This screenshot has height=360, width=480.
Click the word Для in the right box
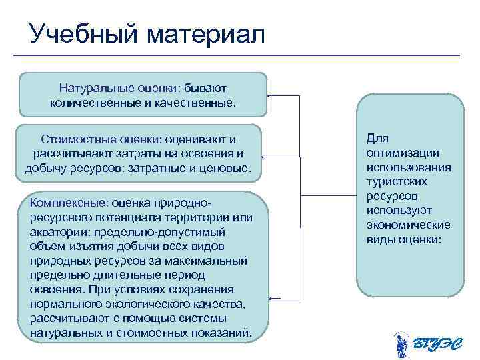(377, 138)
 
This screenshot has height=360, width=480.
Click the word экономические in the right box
(407, 225)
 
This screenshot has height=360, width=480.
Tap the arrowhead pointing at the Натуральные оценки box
(269, 96)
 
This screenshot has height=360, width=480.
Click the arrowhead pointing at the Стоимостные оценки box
(263, 155)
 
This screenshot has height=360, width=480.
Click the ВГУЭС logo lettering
(437, 343)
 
